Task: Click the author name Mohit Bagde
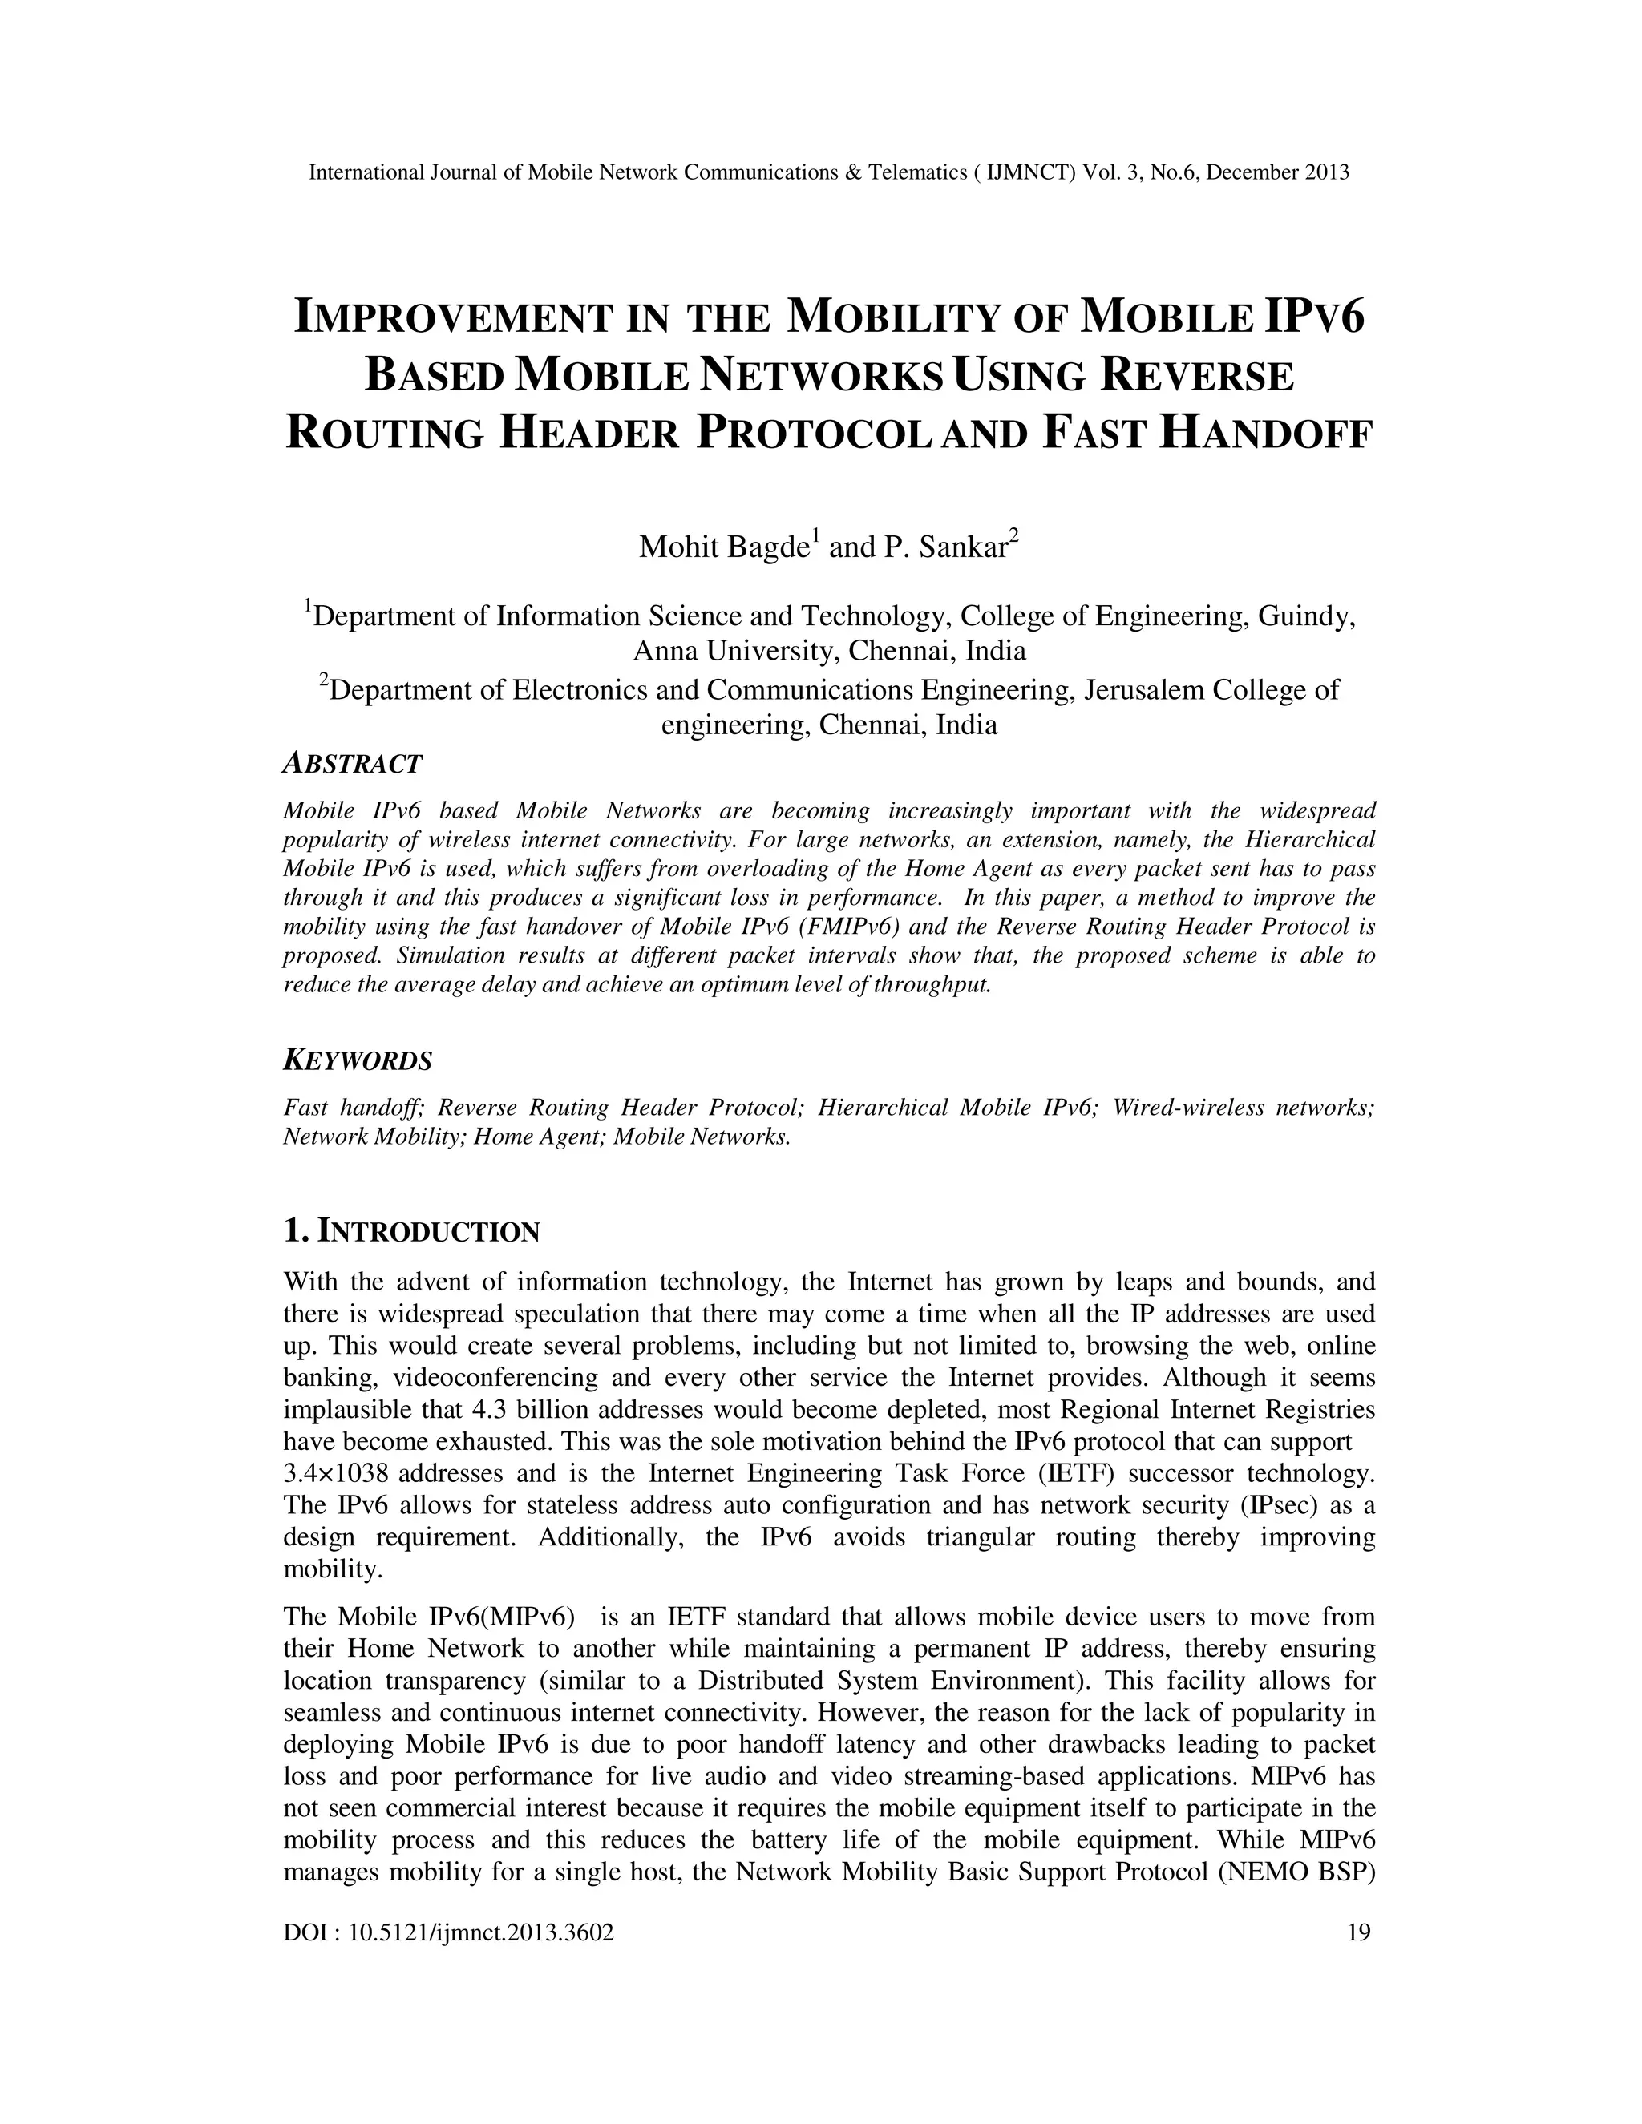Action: pos(724,547)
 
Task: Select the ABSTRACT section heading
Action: pos(352,765)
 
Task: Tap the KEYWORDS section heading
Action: pos(357,1060)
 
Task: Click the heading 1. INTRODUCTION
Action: pos(410,1232)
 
